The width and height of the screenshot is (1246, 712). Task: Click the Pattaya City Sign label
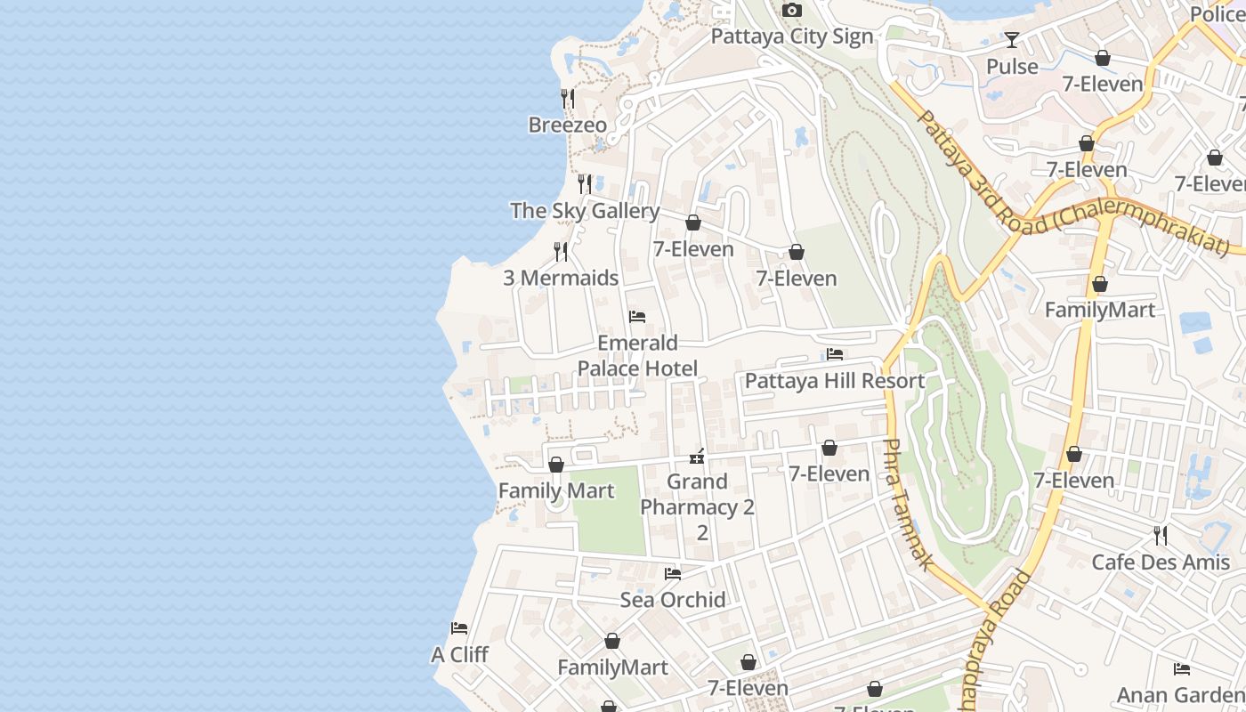[791, 37]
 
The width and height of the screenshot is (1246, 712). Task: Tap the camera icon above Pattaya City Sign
[791, 11]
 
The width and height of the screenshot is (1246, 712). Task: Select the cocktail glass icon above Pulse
[1012, 40]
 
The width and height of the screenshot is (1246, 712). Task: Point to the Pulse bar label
[1012, 67]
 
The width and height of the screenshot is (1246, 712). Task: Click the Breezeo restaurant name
[568, 125]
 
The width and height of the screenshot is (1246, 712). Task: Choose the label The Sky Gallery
[585, 211]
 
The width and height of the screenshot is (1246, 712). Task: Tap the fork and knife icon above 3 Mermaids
[561, 252]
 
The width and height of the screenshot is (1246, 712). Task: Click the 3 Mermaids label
[561, 278]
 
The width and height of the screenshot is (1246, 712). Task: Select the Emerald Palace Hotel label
[637, 355]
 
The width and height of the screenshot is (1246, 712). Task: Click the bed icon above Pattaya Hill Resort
[835, 354]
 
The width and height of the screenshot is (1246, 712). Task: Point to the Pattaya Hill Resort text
[835, 381]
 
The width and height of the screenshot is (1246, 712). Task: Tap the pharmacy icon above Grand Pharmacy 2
[697, 457]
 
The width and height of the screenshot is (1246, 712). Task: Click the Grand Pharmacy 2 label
[698, 506]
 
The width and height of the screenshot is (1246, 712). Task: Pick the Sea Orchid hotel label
[673, 599]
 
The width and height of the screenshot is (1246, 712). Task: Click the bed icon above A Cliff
[459, 628]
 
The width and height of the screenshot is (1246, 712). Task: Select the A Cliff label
[459, 654]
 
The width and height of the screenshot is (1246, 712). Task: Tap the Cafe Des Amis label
[1161, 562]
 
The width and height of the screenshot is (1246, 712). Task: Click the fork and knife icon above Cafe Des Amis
[1161, 535]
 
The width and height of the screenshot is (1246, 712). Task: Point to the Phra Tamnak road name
[909, 504]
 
